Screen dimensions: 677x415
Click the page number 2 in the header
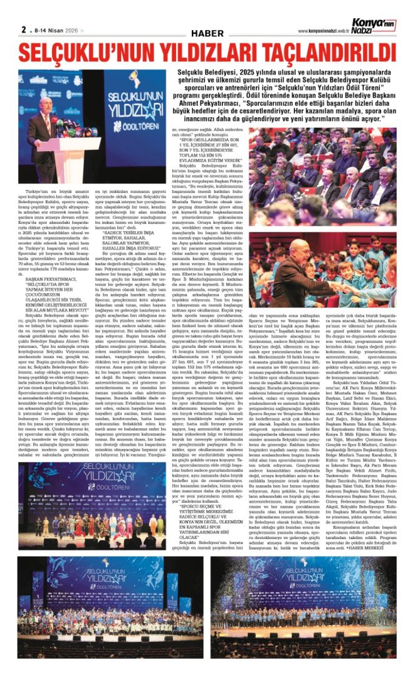point(23,29)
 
